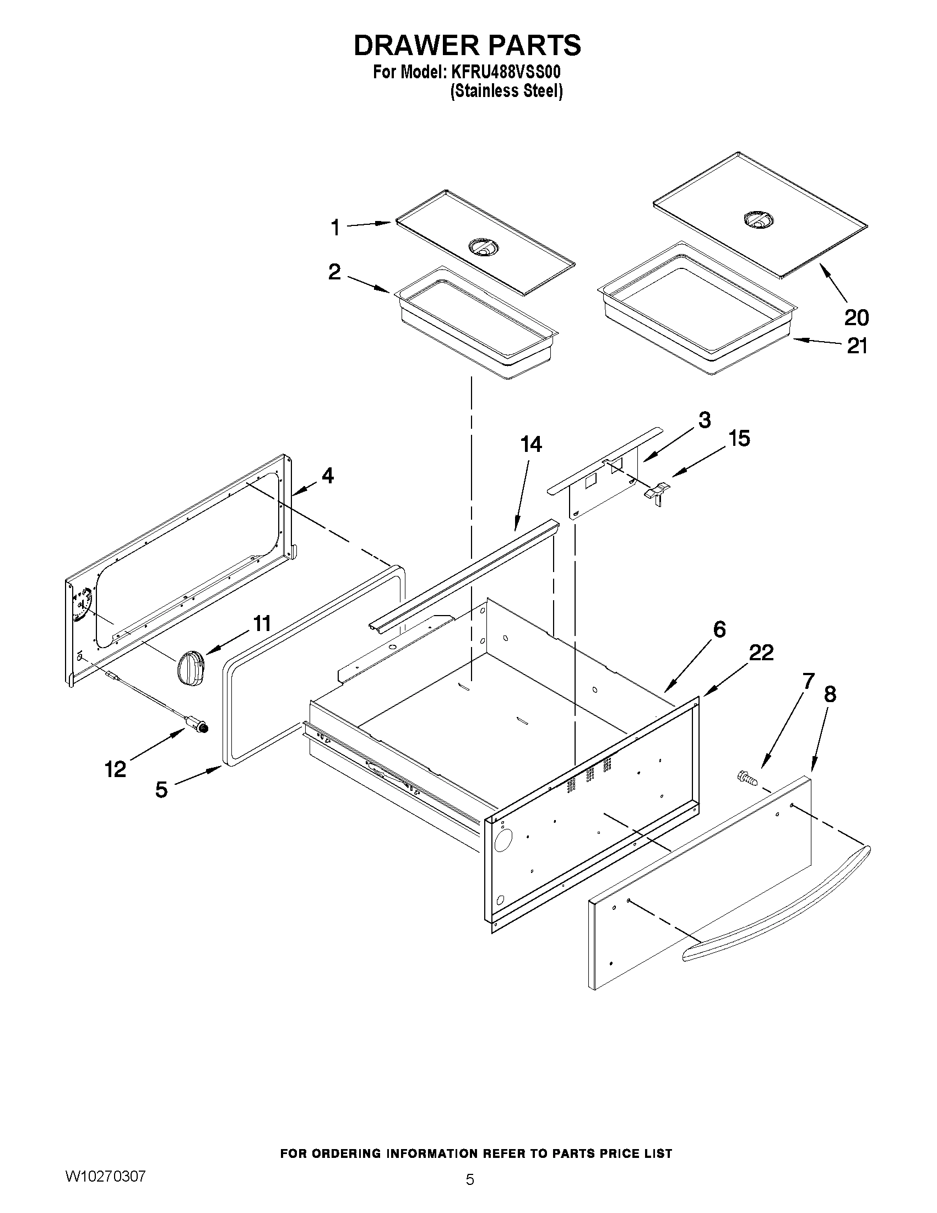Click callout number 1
335,228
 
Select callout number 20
856,317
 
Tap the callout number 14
531,444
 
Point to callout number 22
761,653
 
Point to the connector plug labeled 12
197,724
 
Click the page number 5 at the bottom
470,1192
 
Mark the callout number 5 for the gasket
161,789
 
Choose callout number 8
830,694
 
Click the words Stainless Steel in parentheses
506,91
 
